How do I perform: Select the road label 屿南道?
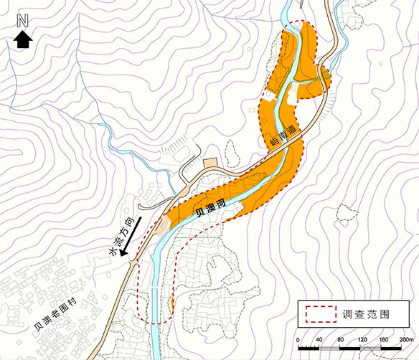283,136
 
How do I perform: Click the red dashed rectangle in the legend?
320,313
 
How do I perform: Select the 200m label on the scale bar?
410,338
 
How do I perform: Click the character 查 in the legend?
362,313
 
